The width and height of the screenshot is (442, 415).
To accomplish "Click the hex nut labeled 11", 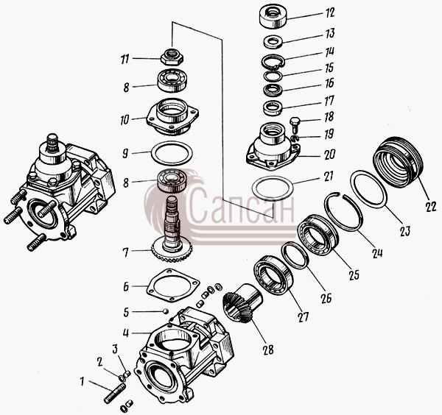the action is pyautogui.click(x=172, y=57).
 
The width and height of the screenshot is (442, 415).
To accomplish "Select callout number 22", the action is pyautogui.click(x=431, y=206).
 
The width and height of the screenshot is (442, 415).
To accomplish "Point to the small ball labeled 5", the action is pyautogui.click(x=166, y=311).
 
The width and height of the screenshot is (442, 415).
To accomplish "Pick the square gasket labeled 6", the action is pyautogui.click(x=173, y=285).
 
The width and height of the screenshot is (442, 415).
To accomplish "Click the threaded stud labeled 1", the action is pyautogui.click(x=115, y=393).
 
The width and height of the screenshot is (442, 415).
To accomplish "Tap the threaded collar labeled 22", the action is pyautogui.click(x=398, y=163).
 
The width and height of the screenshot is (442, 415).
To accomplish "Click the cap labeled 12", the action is pyautogui.click(x=273, y=16).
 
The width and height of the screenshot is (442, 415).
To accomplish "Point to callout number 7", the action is pyautogui.click(x=126, y=252).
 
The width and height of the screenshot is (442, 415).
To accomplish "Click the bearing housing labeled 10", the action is pyautogui.click(x=172, y=116).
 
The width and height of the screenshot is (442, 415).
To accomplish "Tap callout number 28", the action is pyautogui.click(x=268, y=350).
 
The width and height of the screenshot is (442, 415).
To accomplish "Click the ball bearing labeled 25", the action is pyautogui.click(x=318, y=235).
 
